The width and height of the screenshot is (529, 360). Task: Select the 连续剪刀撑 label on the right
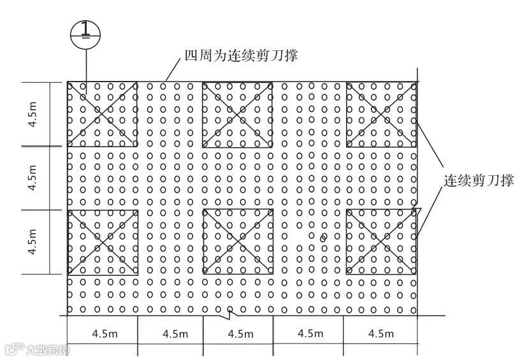pyautogui.click(x=479, y=180)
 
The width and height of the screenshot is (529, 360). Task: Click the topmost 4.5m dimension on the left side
pyautogui.click(x=33, y=114)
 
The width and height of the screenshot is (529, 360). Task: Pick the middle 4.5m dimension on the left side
pyautogui.click(x=33, y=178)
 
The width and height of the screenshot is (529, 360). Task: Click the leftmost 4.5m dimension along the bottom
pyautogui.click(x=103, y=333)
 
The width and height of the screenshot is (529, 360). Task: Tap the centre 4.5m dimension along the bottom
pyautogui.click(x=240, y=333)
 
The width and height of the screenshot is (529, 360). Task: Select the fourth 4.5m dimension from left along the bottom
pyautogui.click(x=308, y=333)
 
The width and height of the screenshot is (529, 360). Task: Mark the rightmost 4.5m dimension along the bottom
pyautogui.click(x=380, y=333)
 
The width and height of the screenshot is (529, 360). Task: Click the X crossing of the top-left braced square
pyautogui.click(x=102, y=115)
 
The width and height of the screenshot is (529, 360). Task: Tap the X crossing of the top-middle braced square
pyautogui.click(x=237, y=115)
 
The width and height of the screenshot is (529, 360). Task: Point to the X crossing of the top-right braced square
pyautogui.click(x=381, y=115)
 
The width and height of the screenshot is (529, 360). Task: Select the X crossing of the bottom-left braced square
pyautogui.click(x=102, y=242)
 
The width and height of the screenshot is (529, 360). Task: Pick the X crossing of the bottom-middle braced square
pyautogui.click(x=237, y=242)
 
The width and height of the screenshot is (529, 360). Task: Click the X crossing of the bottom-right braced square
pyautogui.click(x=381, y=242)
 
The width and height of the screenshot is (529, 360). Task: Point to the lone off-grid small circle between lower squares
pyautogui.click(x=322, y=238)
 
